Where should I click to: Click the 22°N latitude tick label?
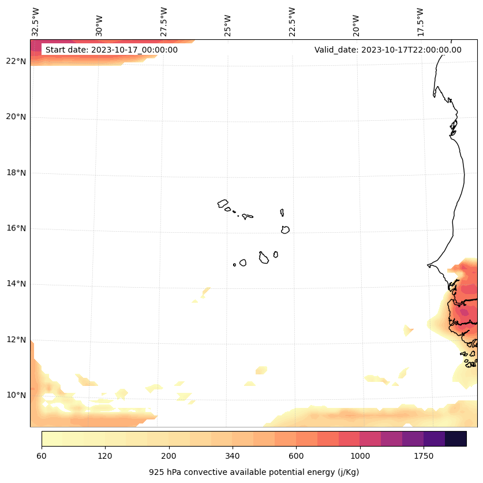coord(16,61)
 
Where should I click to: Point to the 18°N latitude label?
coord(16,173)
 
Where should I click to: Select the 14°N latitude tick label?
coord(16,284)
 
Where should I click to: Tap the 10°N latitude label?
coord(16,395)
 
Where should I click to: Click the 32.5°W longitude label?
coord(36,22)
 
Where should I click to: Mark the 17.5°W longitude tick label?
coord(420,22)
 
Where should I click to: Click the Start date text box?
coord(111,50)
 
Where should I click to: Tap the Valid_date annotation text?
coord(388,50)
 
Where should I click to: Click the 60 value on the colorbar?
coord(42,456)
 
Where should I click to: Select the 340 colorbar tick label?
coord(233,456)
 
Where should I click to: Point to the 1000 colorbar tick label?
coord(360,456)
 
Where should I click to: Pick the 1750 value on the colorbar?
coord(424,456)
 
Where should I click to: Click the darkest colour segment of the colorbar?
coord(456,439)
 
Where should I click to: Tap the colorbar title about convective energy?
coord(254,472)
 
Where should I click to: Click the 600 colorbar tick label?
coord(296,456)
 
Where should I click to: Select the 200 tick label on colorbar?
coord(169,456)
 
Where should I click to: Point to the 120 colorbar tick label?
coord(105,456)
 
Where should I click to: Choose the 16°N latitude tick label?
coord(16,228)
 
